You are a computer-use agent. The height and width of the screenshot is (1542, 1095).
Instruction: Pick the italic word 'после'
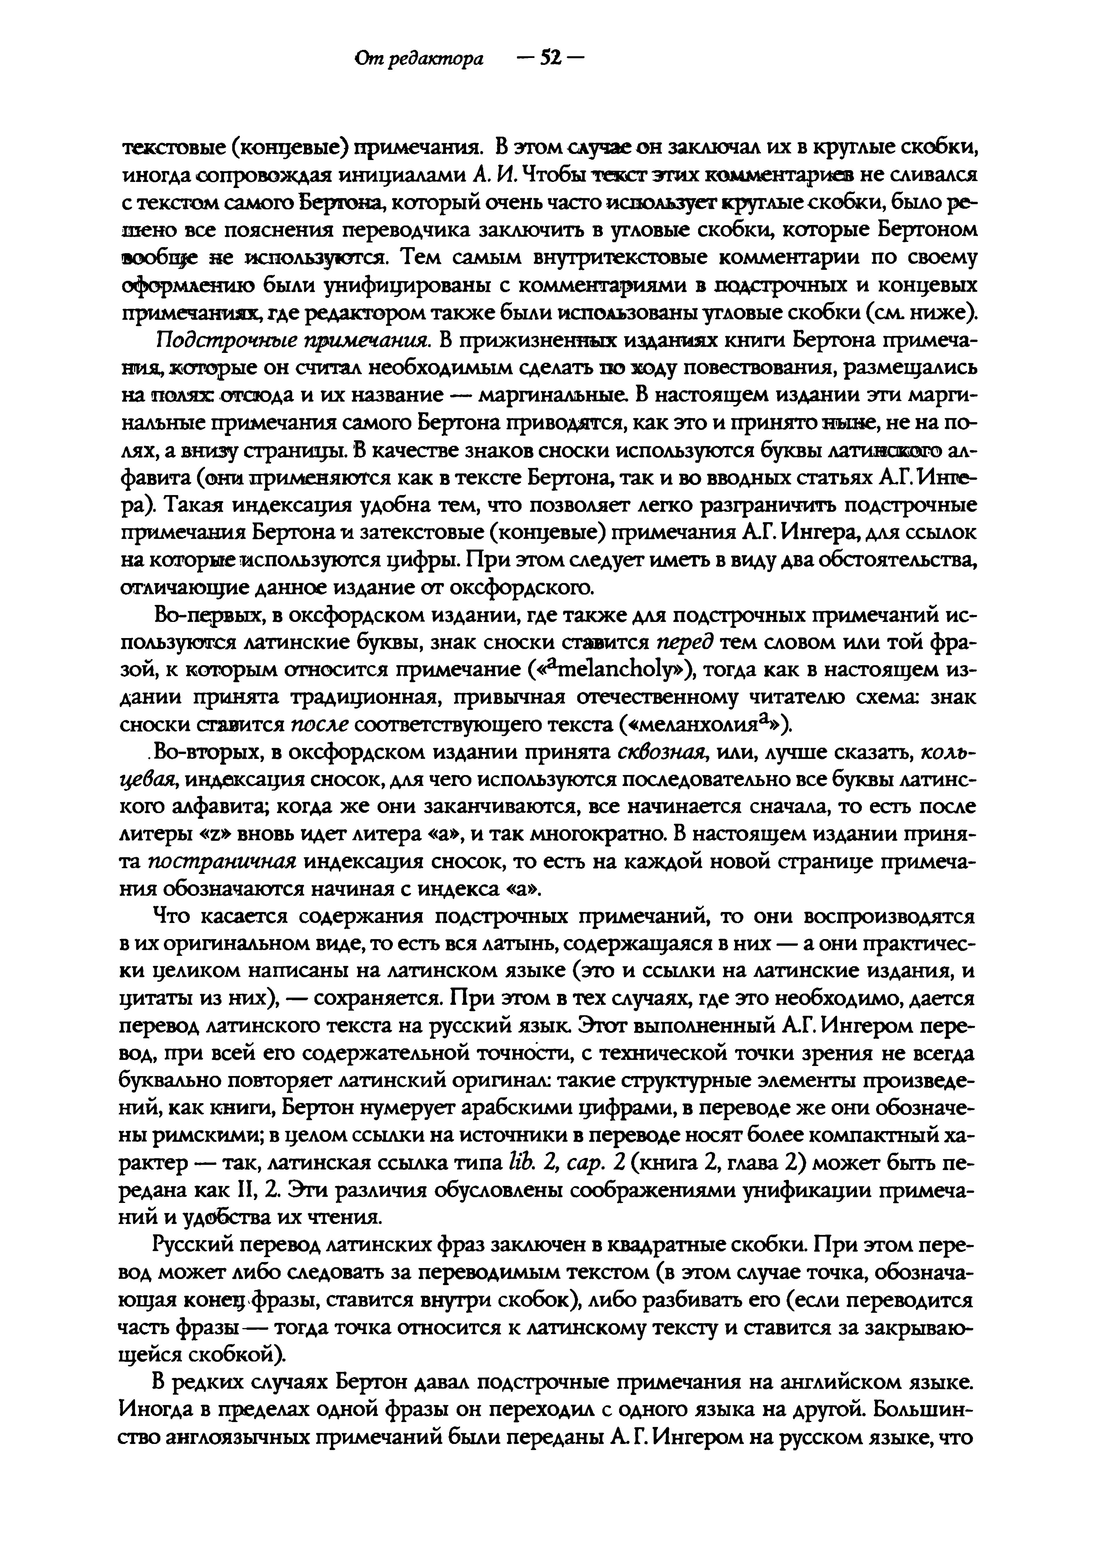(x=320, y=725)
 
